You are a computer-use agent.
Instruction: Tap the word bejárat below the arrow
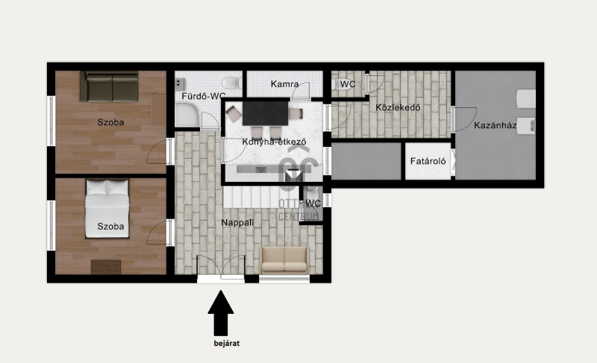pos(227,343)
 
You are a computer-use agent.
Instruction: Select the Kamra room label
pos(284,84)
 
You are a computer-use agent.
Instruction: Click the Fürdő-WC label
pos(203,96)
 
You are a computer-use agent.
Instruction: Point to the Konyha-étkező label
pos(274,142)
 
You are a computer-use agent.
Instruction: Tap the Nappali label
pos(237,223)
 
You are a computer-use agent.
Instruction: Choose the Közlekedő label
pos(398,107)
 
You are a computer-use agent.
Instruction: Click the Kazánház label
pos(495,125)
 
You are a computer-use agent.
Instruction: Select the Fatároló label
pos(428,161)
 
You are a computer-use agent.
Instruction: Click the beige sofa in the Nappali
pos(284,260)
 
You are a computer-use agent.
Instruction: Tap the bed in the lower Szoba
pos(107,209)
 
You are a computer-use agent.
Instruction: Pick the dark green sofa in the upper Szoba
pos(109,86)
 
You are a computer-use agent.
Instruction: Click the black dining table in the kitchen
pos(266,113)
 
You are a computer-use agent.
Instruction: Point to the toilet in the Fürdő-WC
pos(231,83)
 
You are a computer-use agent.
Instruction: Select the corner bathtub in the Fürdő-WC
pos(187,116)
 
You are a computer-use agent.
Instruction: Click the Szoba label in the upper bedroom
pos(110,122)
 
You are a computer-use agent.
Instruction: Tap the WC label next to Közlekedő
pos(348,84)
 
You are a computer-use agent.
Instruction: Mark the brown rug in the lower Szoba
pos(106,267)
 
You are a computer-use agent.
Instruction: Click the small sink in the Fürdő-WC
pos(180,84)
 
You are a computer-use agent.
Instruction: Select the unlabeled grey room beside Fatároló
pos(366,161)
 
